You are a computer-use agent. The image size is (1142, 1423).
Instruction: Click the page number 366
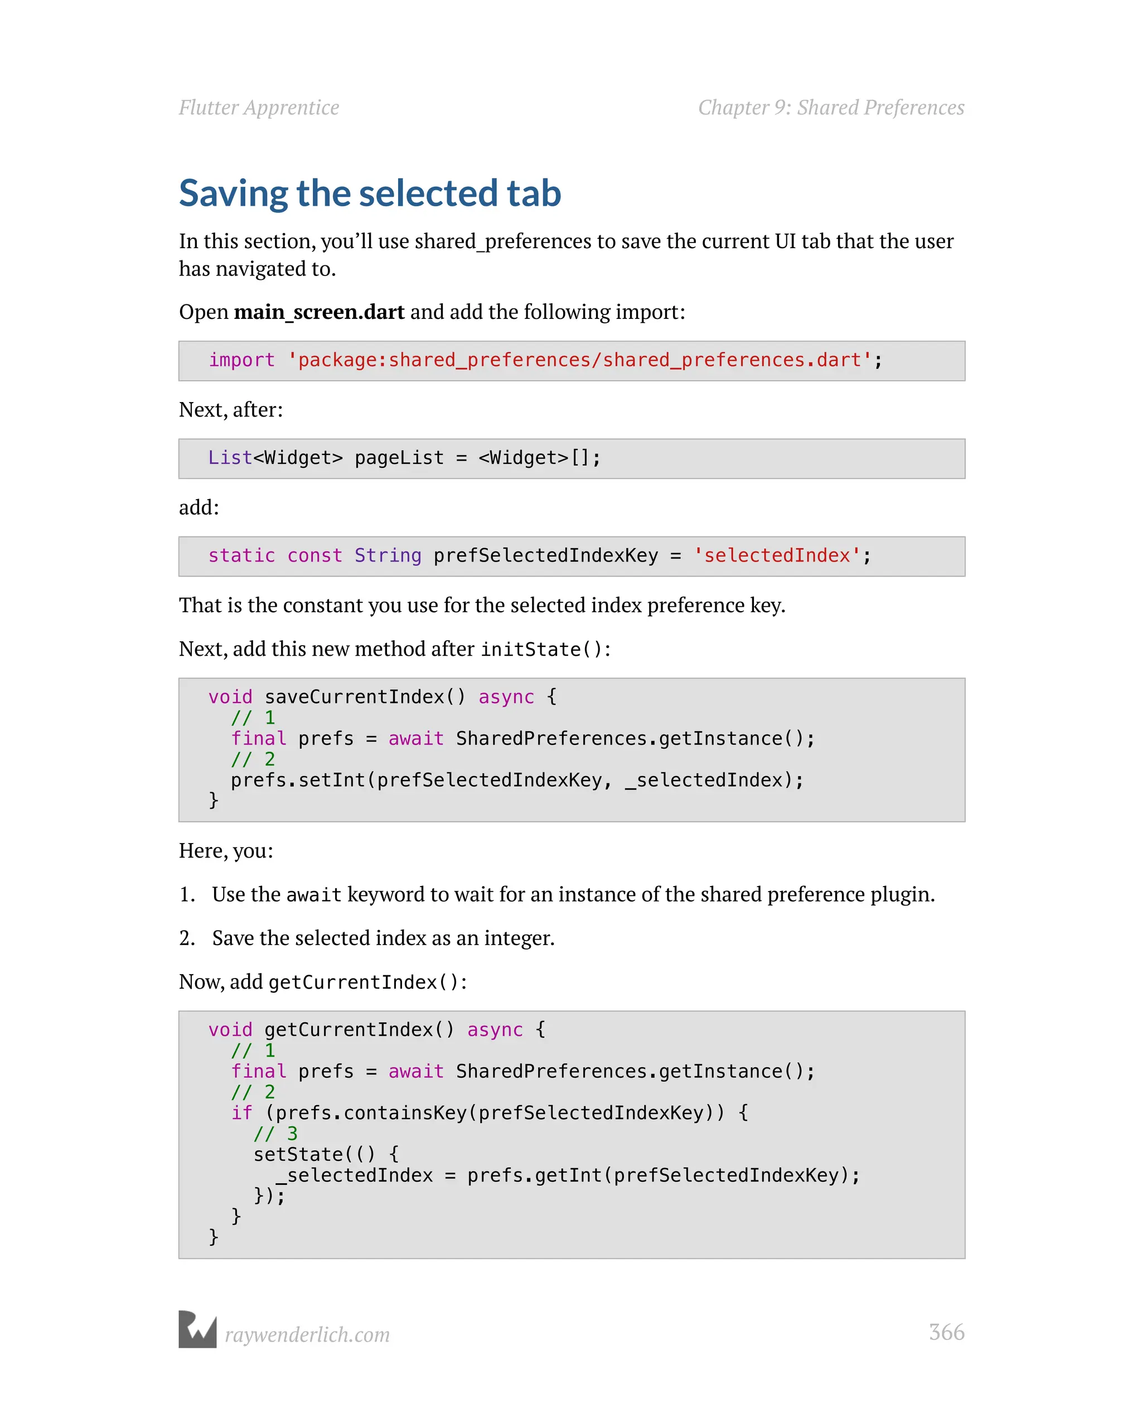(946, 1332)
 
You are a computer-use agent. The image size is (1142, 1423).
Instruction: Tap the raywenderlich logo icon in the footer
(197, 1329)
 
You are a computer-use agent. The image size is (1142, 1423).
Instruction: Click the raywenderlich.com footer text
(307, 1334)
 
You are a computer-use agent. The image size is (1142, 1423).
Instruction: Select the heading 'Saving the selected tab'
(370, 193)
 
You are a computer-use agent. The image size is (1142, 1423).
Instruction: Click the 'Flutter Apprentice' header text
(259, 108)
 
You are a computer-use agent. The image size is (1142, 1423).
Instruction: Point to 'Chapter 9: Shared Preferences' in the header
(831, 108)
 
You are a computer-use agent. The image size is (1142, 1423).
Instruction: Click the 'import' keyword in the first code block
(241, 360)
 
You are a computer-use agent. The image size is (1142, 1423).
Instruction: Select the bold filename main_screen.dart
(319, 312)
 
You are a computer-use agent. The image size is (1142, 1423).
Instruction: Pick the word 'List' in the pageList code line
(230, 457)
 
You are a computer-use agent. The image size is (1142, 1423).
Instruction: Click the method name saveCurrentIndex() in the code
(364, 697)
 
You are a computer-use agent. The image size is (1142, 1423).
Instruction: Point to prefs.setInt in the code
(298, 780)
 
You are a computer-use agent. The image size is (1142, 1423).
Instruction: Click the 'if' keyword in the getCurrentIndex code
(241, 1113)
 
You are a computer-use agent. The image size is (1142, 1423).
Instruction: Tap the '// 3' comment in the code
(275, 1134)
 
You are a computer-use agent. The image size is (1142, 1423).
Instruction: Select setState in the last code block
(298, 1154)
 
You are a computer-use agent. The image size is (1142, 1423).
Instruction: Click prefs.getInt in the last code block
(534, 1175)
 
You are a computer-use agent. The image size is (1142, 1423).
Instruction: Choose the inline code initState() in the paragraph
(541, 650)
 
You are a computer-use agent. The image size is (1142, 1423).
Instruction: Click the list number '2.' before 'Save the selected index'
(187, 938)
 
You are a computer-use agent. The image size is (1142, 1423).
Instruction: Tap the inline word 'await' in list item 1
(313, 895)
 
